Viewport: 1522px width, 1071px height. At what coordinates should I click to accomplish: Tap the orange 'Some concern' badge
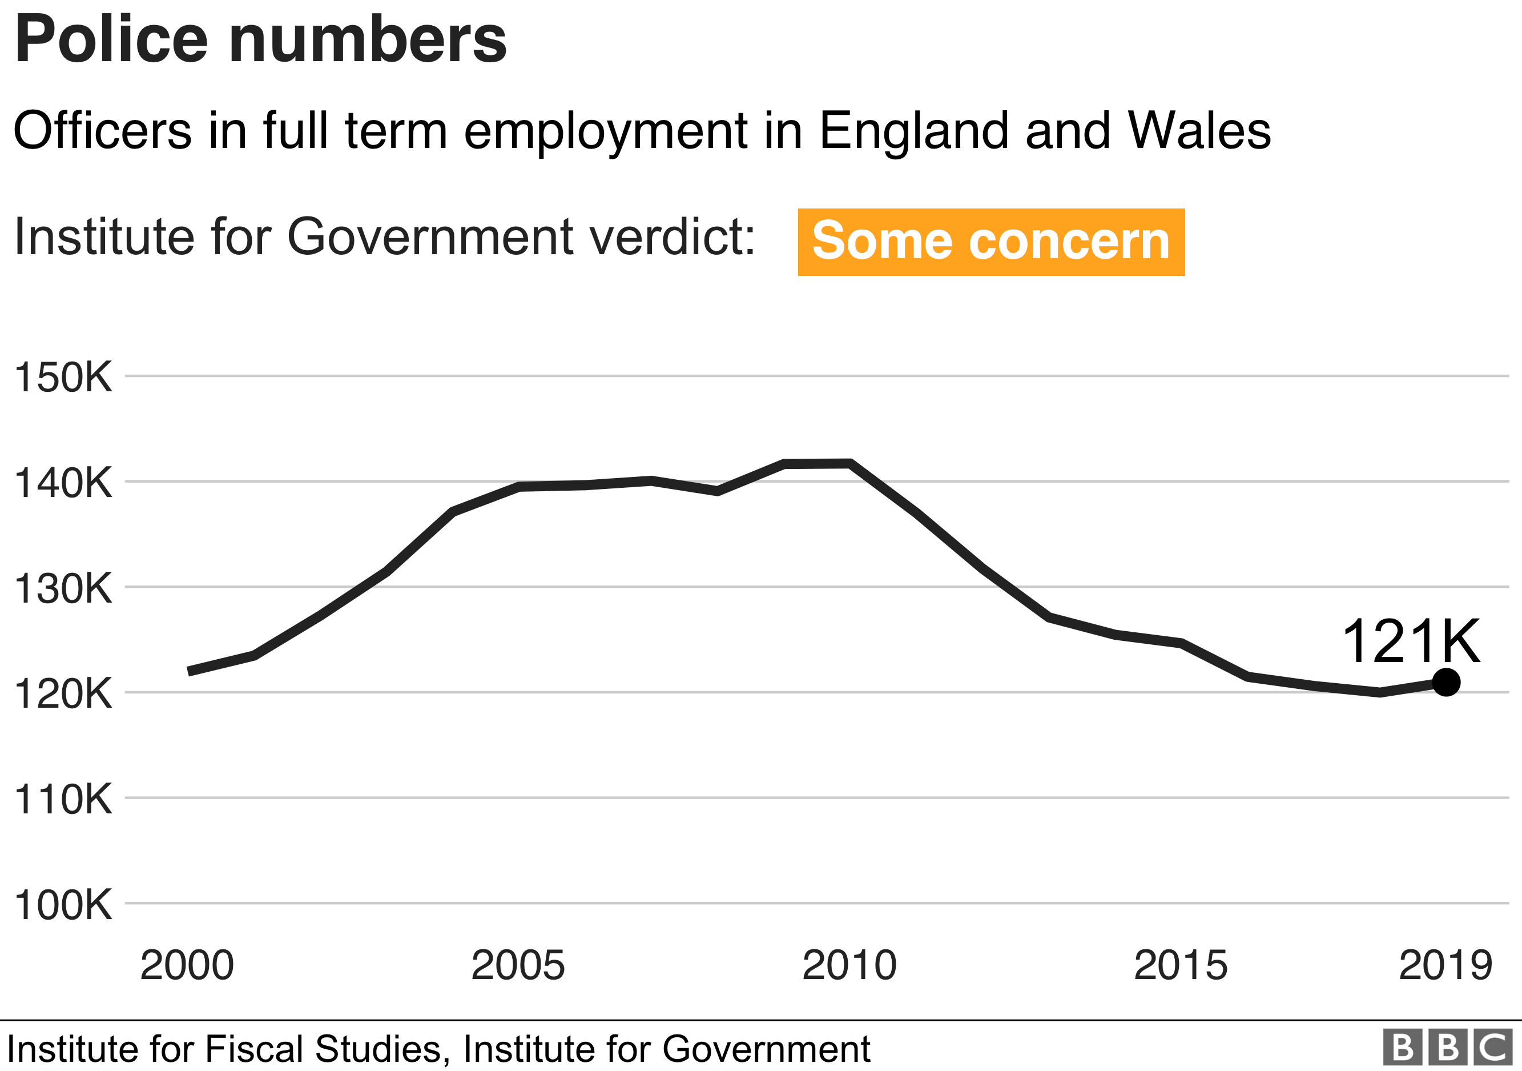pos(990,242)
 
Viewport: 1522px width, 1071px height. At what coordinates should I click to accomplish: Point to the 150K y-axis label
pos(63,378)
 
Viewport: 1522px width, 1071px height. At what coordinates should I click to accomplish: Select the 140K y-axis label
pos(63,483)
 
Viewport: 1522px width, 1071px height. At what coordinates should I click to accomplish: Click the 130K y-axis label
pos(63,588)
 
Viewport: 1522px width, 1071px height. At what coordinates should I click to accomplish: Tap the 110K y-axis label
pos(63,799)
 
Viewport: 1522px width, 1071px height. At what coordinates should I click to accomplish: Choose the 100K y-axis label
pos(63,905)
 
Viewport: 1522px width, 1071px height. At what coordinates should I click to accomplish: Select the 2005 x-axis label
pos(518,965)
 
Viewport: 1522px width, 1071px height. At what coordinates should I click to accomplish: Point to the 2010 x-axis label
pos(849,965)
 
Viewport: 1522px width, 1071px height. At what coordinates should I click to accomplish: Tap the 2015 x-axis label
pos(1181,965)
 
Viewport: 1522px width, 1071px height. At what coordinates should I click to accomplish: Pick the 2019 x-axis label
pos(1445,965)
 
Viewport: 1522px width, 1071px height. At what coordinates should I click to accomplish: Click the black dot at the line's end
pos(1446,681)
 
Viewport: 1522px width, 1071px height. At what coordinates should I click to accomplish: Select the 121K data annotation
pos(1410,641)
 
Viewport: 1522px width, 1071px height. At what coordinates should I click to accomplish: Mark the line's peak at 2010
pos(850,464)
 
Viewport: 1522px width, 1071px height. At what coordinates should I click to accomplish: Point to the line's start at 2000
pos(189,672)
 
